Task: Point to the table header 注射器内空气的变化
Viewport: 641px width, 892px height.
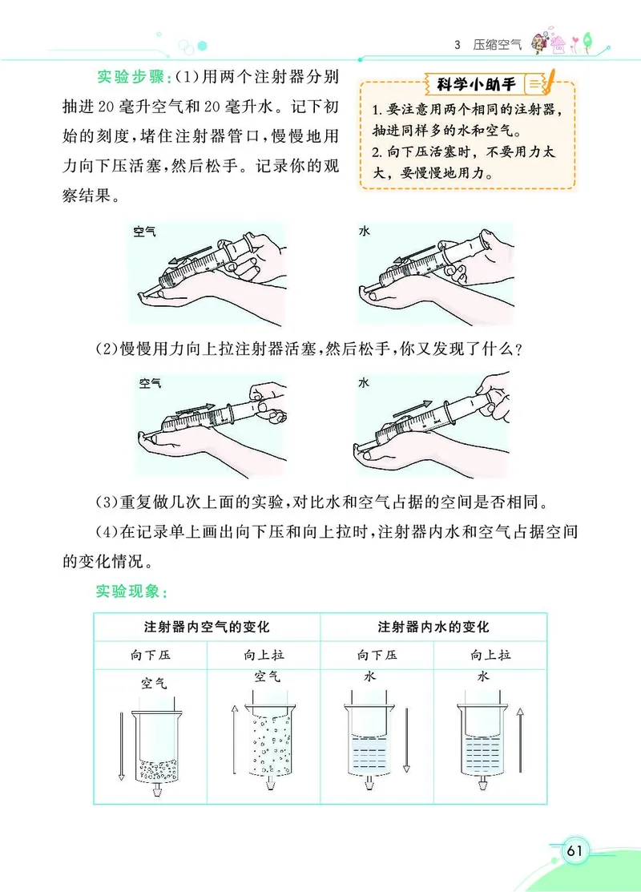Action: coord(207,627)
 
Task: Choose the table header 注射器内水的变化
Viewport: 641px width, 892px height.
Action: coord(433,627)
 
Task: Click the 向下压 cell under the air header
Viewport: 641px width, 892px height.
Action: coord(151,655)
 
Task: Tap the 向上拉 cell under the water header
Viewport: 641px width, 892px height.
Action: coord(490,655)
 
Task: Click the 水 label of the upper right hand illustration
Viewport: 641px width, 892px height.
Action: coord(365,231)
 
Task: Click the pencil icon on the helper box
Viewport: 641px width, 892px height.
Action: coord(550,82)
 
